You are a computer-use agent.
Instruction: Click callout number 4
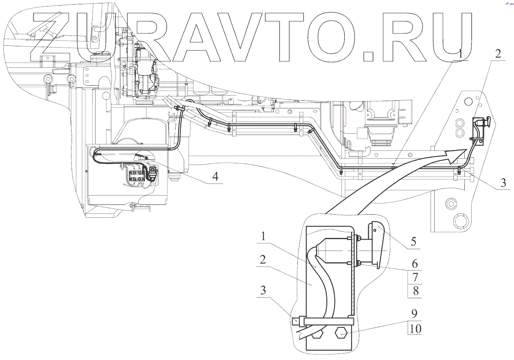217,176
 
